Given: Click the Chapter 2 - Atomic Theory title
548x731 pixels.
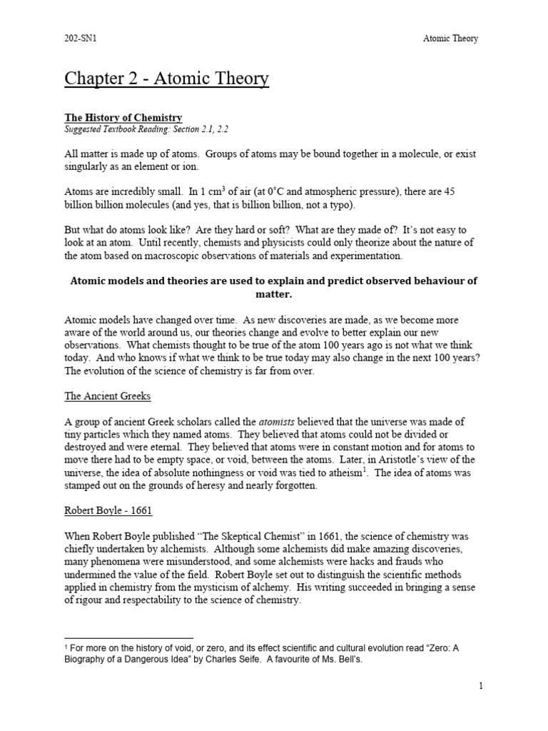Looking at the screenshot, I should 167,79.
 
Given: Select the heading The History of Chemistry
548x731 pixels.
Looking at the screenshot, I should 123,117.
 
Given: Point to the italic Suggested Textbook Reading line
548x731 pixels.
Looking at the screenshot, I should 147,128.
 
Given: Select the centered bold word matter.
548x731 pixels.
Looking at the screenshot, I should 273,293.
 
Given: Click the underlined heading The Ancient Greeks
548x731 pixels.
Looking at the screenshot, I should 107,395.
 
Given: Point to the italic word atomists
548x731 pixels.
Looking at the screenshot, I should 260,421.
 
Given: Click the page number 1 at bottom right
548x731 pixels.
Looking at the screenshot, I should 481,687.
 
